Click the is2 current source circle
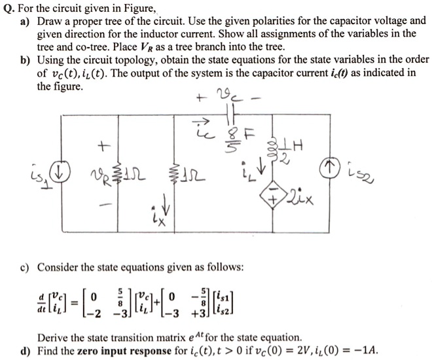[329, 167]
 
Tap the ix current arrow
[166, 204]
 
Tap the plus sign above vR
[104, 146]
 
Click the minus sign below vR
[106, 205]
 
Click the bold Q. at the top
[9, 9]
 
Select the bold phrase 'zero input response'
[124, 351]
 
